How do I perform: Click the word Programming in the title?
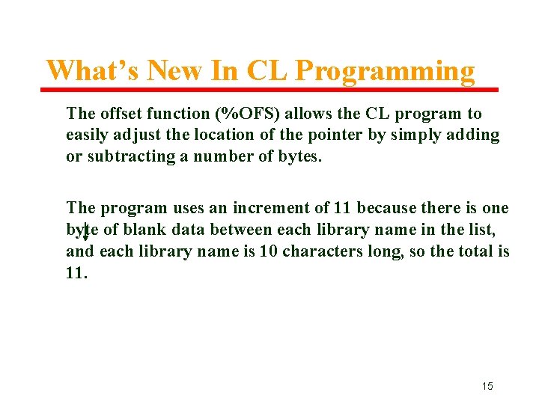[x=385, y=72]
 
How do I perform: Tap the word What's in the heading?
[x=94, y=71]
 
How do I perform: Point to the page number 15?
[x=487, y=386]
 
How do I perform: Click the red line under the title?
[x=269, y=90]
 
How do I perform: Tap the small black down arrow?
[x=85, y=233]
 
